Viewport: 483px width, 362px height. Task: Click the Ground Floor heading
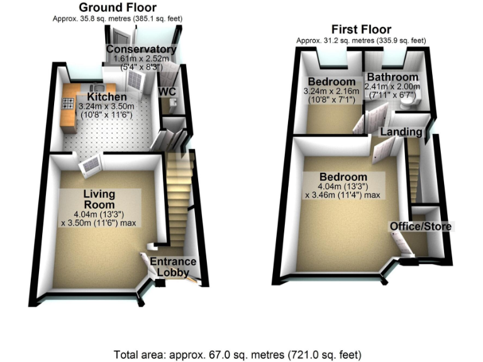coord(118,8)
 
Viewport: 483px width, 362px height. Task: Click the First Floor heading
coord(362,30)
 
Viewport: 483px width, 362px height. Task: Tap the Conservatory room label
coord(141,50)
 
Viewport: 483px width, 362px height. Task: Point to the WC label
coord(167,92)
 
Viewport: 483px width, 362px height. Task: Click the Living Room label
coord(99,199)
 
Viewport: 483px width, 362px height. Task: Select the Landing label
coord(401,131)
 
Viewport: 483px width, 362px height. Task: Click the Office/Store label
coord(420,226)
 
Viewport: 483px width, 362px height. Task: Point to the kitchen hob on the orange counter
coord(67,104)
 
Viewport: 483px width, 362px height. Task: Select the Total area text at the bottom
coord(238,354)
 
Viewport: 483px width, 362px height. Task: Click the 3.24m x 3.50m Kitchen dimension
coord(106,107)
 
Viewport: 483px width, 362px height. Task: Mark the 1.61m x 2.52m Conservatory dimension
coord(142,59)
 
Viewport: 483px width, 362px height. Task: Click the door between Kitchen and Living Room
coord(91,164)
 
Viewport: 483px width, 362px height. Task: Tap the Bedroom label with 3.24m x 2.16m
coord(331,82)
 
